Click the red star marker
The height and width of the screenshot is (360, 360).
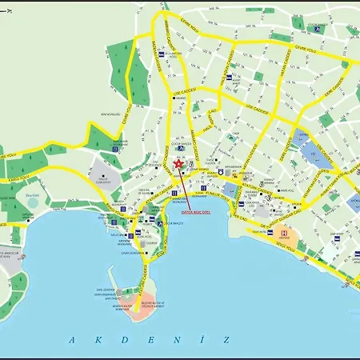177,163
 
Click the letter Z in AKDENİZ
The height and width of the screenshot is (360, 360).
227,338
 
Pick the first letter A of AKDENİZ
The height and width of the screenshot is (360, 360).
71,338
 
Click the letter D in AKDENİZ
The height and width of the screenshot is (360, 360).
123,338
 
